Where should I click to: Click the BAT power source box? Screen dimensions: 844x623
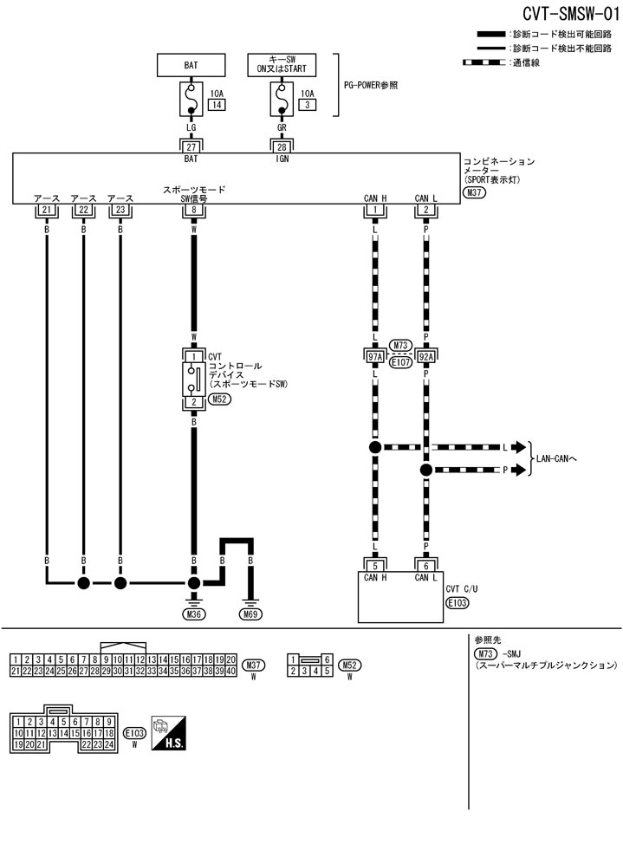point(191,65)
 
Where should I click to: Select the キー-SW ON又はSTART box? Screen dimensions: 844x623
point(282,65)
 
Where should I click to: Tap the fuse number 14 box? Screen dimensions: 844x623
point(216,105)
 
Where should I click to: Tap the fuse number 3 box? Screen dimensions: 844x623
point(306,105)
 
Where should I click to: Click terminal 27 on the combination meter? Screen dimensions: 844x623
point(191,148)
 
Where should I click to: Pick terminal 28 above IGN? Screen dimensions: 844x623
point(282,148)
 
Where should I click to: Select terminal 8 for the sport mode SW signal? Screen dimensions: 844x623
point(194,210)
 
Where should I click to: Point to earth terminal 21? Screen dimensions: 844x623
point(47,210)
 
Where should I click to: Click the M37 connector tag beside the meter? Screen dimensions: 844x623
point(474,193)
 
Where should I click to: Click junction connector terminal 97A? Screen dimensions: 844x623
point(375,354)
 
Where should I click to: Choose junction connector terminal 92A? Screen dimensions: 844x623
point(425,354)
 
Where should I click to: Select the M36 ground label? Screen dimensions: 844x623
point(194,614)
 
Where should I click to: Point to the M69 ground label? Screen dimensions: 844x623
point(251,614)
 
